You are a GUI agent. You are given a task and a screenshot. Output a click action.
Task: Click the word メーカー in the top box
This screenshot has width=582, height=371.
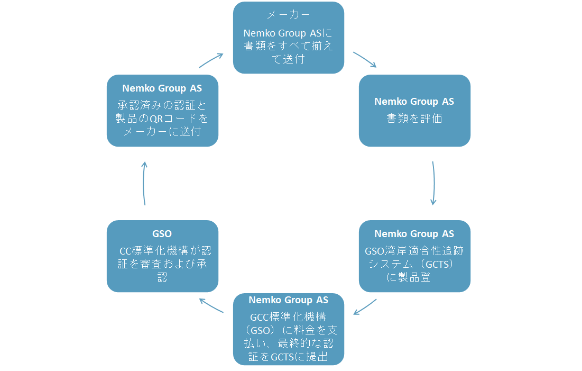click(x=288, y=15)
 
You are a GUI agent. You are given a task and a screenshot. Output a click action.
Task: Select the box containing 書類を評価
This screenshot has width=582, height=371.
click(x=414, y=132)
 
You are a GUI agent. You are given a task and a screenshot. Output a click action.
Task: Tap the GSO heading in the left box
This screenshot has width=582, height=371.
click(x=162, y=233)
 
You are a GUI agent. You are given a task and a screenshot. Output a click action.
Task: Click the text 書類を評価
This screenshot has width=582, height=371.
click(x=414, y=118)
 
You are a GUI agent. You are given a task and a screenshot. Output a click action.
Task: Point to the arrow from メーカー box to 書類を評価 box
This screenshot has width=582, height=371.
click(x=365, y=59)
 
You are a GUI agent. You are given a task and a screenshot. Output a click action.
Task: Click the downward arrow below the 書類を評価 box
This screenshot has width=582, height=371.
click(x=433, y=183)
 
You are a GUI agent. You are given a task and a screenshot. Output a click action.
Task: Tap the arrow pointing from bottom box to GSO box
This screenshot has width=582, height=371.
click(x=211, y=306)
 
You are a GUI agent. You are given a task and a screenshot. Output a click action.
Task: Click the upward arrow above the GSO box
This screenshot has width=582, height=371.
click(x=144, y=183)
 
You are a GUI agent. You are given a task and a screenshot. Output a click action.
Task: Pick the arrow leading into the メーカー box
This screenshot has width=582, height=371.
click(x=211, y=60)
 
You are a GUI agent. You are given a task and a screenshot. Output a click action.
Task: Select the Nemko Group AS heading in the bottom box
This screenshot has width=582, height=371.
click(x=288, y=300)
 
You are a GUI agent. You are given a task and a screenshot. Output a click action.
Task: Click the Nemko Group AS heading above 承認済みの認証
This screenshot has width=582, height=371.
click(x=162, y=88)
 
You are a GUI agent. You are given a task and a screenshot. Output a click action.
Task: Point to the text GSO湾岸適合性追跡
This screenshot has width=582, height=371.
click(x=414, y=250)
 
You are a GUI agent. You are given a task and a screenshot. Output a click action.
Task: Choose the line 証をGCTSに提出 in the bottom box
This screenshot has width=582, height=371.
click(x=288, y=357)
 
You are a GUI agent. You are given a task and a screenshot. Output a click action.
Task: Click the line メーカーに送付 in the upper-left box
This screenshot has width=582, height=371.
click(x=162, y=131)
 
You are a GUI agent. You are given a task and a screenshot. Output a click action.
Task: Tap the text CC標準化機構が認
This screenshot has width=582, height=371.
click(x=165, y=250)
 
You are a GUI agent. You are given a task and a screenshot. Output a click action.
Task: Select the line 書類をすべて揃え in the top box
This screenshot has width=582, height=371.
click(x=288, y=46)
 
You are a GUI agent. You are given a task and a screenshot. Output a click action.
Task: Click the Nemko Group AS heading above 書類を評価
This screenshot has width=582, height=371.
click(x=414, y=102)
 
